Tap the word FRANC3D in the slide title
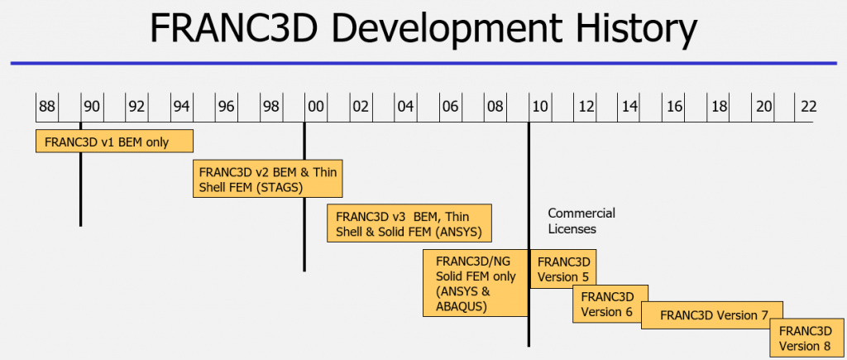click(232, 28)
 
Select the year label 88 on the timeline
click(46, 107)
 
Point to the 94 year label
click(181, 107)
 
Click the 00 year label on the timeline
click(316, 107)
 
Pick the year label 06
click(450, 107)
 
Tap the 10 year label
click(539, 107)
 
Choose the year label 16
click(674, 107)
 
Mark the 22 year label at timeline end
click(808, 107)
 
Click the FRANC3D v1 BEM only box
click(114, 141)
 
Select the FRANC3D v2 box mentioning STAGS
click(268, 179)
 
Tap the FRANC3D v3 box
click(409, 223)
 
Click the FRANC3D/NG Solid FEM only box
click(476, 283)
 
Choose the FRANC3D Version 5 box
click(563, 269)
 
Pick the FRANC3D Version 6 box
click(610, 304)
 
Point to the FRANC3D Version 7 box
click(712, 315)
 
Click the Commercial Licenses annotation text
click(581, 220)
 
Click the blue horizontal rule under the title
click(423, 64)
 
